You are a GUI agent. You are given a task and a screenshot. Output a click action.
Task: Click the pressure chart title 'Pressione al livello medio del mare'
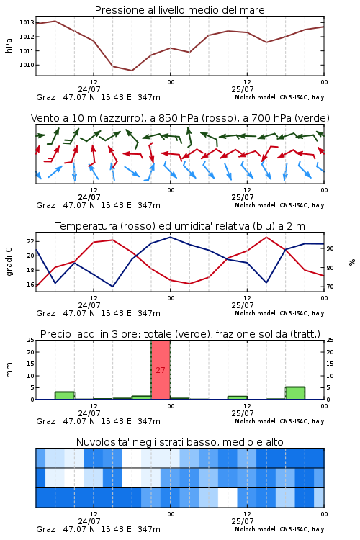tap(179, 10)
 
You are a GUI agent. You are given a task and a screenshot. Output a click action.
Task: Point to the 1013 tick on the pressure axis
tap(27, 23)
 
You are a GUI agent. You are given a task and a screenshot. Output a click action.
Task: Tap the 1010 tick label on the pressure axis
tap(27, 65)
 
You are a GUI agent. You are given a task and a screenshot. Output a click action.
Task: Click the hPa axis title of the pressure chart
tap(9, 45)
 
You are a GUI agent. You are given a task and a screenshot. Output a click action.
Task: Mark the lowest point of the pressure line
tap(132, 71)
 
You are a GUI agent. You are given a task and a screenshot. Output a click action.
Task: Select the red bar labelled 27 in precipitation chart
tap(161, 370)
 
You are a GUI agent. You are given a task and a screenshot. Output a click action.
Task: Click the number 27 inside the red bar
tap(161, 370)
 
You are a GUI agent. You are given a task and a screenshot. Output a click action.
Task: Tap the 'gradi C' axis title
tap(9, 262)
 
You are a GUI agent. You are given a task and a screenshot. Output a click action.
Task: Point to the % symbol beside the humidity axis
tap(352, 262)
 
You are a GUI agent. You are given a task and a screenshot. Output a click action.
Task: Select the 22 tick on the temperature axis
tap(31, 241)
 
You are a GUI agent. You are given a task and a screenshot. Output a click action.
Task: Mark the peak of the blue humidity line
tap(170, 237)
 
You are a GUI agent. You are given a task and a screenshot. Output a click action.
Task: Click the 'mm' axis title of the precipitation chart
tap(9, 370)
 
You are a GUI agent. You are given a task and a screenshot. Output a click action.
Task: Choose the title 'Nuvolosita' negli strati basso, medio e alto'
tap(179, 442)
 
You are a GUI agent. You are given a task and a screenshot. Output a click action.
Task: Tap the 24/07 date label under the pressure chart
tap(89, 89)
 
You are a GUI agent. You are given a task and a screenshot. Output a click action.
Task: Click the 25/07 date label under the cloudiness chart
tap(243, 521)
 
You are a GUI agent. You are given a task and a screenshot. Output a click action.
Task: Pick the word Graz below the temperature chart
tap(45, 313)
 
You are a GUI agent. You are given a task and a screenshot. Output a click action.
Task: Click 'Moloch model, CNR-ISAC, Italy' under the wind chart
tap(279, 205)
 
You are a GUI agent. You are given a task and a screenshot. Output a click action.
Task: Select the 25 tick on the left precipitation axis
tap(31, 341)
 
